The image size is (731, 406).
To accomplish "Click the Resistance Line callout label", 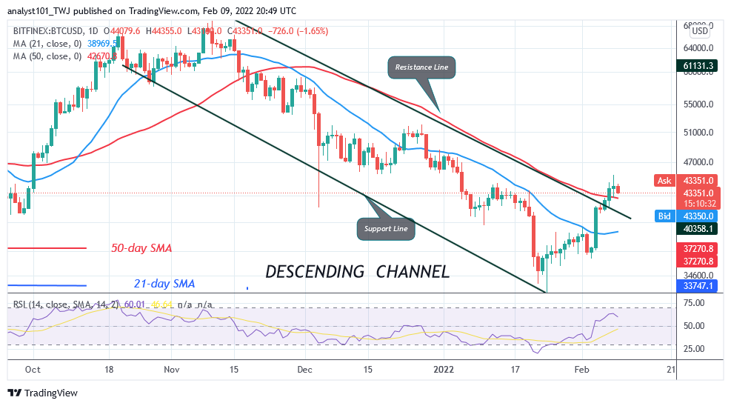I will [x=421, y=67].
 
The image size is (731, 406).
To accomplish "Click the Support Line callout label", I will [x=385, y=228].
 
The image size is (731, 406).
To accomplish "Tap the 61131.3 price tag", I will [x=700, y=65].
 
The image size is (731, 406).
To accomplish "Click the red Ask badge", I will [x=664, y=180].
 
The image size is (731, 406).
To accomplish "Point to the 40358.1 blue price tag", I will [x=700, y=229].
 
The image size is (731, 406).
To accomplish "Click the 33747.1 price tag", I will [x=700, y=285].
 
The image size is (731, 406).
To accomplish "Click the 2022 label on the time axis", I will [x=444, y=368].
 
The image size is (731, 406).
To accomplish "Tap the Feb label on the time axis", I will [x=582, y=368].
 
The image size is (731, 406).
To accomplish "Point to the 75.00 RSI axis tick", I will [x=693, y=302].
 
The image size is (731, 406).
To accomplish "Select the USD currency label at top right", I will [x=699, y=31].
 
